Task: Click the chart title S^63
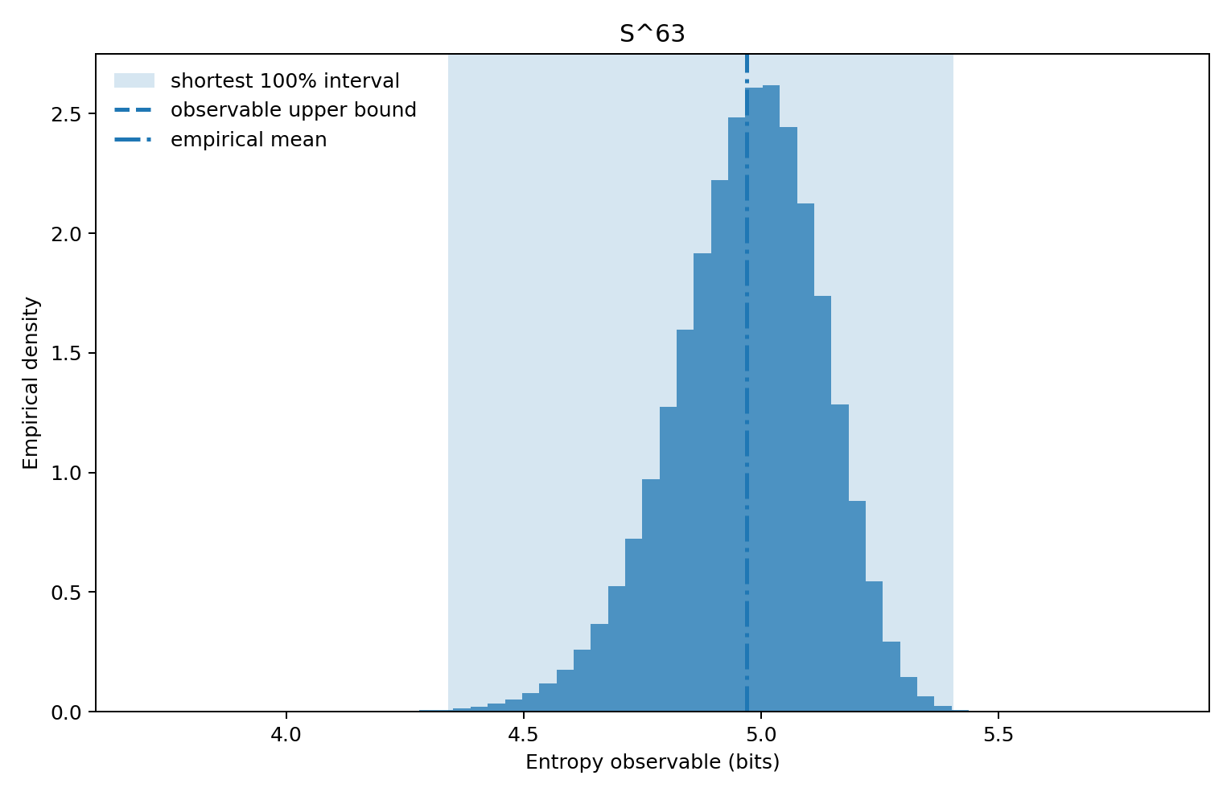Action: click(x=652, y=34)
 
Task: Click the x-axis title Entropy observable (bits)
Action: click(x=652, y=762)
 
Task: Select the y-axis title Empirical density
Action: click(x=31, y=383)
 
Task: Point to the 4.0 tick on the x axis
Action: click(x=286, y=734)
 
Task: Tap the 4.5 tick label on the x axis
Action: click(x=523, y=734)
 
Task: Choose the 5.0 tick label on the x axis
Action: click(x=760, y=734)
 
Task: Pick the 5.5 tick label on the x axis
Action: click(x=998, y=734)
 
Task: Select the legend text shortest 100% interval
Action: click(x=285, y=81)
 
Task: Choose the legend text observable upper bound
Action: click(x=293, y=110)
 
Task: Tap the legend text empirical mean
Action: click(x=249, y=140)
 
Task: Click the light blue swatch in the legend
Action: click(x=134, y=81)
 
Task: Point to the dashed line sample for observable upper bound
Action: click(x=134, y=110)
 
